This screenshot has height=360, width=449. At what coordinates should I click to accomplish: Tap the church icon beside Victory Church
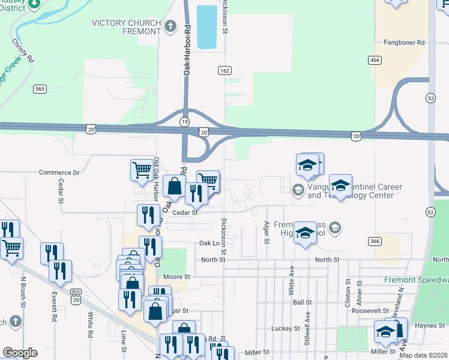(171, 26)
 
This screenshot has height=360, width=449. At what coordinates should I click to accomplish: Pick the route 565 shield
(40, 89)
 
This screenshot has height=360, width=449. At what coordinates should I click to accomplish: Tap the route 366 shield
(376, 241)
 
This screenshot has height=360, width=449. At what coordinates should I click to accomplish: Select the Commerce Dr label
(59, 173)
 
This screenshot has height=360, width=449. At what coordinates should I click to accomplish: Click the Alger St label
(266, 232)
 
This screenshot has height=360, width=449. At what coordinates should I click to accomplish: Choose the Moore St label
(178, 277)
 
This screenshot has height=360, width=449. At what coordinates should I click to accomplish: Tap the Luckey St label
(285, 329)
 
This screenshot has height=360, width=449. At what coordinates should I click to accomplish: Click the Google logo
(20, 353)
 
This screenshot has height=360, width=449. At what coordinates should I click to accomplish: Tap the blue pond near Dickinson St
(206, 27)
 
